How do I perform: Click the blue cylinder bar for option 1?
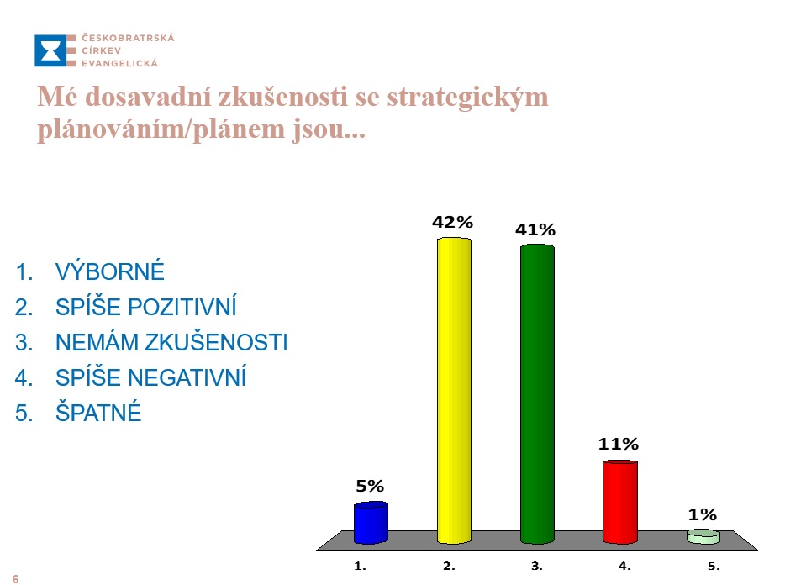(371, 523)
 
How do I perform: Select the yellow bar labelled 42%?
(454, 391)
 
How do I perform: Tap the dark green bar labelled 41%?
(537, 394)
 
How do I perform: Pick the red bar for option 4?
(619, 503)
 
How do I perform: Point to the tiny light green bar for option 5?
(703, 536)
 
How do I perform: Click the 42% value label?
(452, 222)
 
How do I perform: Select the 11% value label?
(619, 444)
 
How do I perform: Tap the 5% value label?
(370, 486)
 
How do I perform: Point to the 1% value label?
(703, 514)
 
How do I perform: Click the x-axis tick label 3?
(537, 566)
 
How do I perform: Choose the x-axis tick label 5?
(714, 566)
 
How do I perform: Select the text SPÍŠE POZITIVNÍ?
(145, 307)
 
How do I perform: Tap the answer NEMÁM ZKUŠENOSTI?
(171, 342)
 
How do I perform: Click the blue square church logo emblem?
(50, 50)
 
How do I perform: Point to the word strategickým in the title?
(467, 97)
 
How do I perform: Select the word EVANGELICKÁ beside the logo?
(119, 63)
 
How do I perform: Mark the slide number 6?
(15, 579)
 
